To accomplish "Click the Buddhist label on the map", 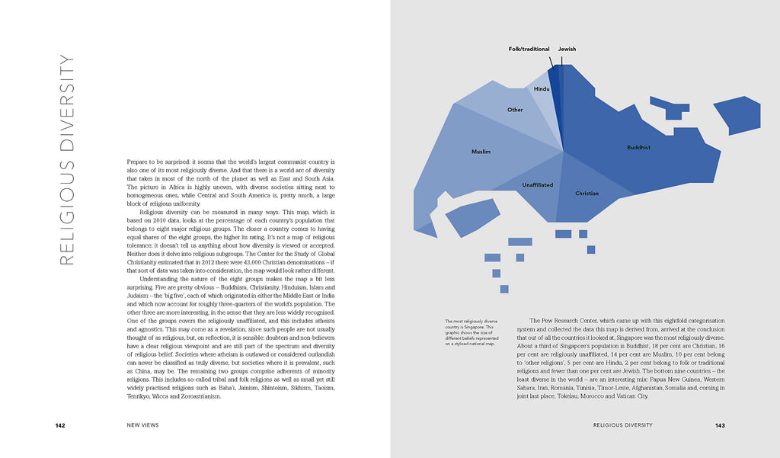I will click(x=638, y=147).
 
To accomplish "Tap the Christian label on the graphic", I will click(x=587, y=194).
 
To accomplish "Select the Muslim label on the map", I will click(x=481, y=152).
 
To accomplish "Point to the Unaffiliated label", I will click(x=538, y=185).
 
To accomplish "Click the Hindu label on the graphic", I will click(x=542, y=89).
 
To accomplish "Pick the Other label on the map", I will click(x=516, y=110).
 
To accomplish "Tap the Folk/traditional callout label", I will click(x=529, y=49).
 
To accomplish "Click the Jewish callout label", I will click(x=567, y=49).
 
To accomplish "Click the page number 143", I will click(x=719, y=425).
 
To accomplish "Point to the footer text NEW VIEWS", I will click(x=142, y=425).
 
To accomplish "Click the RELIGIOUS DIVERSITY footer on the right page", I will click(x=623, y=425).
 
